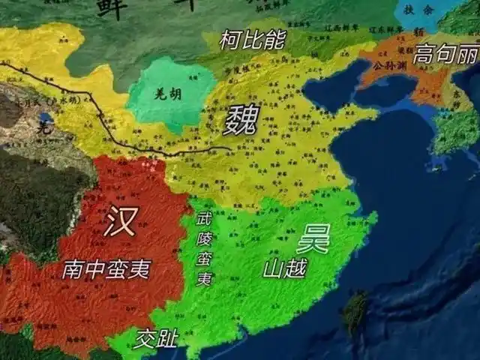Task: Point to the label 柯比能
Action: (x=252, y=40)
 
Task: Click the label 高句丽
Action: (x=445, y=55)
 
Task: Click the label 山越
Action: (x=284, y=268)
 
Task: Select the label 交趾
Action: (x=155, y=340)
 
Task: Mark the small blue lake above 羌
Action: (x=46, y=118)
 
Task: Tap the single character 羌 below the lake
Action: (x=43, y=128)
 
